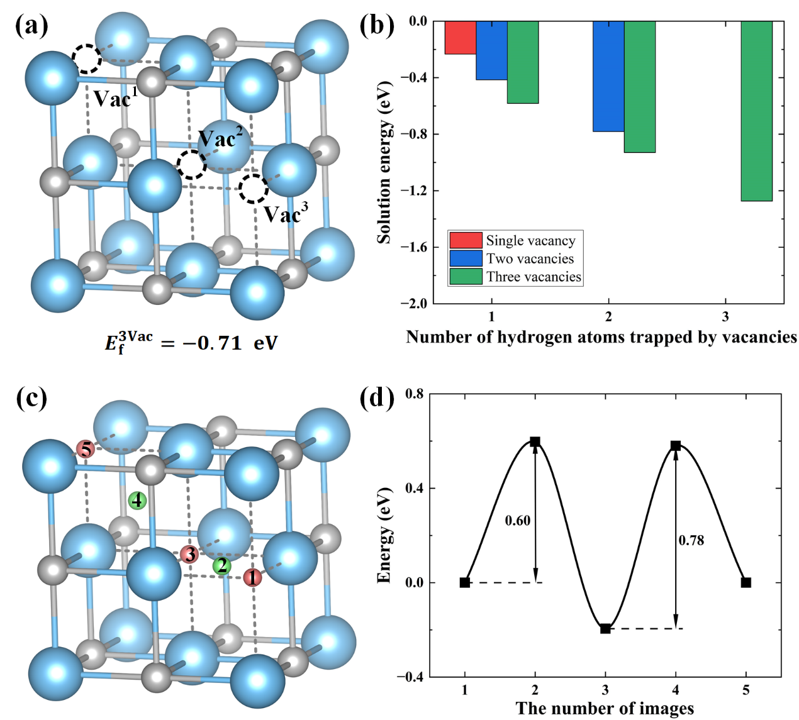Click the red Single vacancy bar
[460, 38]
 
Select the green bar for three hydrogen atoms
[756, 111]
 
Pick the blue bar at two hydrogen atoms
[608, 76]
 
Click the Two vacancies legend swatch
[466, 258]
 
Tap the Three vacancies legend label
[534, 277]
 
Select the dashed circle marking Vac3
[254, 189]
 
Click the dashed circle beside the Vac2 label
[191, 165]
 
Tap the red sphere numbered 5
[86, 450]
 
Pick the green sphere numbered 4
[137, 501]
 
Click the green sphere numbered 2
[221, 566]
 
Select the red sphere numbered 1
[253, 577]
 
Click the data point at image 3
[605, 628]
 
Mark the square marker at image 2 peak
[535, 441]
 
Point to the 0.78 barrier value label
[691, 540]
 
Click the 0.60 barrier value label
[517, 521]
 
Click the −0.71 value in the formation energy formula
[211, 343]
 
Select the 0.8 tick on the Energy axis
[415, 394]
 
